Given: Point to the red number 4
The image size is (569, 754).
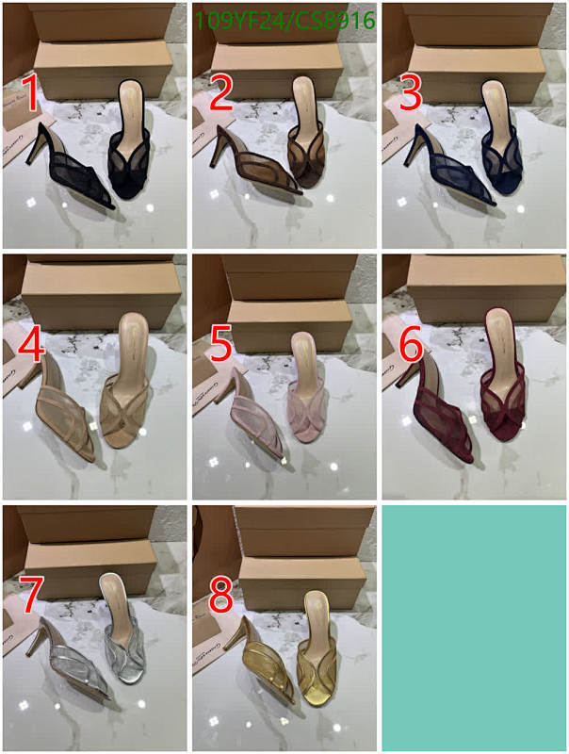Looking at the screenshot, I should (31, 346).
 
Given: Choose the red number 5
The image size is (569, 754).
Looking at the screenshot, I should (220, 346).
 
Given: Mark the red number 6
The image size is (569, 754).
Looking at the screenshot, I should (411, 346).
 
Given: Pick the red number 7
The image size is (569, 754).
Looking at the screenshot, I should (31, 596).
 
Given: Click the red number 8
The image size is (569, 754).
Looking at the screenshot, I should (221, 597).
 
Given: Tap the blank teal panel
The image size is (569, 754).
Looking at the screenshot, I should (473, 627).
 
